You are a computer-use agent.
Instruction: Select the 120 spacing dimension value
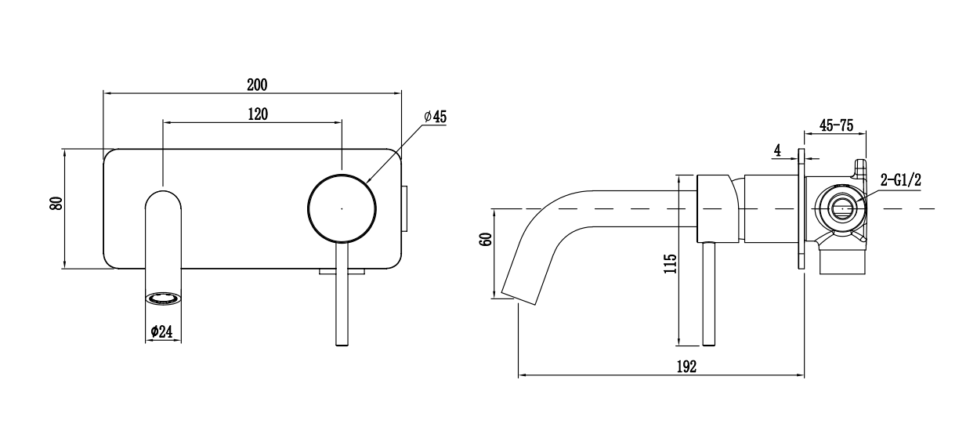(258, 114)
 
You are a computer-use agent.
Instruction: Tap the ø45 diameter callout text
(435, 117)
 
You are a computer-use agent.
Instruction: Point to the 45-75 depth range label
(836, 125)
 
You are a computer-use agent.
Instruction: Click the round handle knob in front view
(342, 208)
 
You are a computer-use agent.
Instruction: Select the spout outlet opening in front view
(164, 298)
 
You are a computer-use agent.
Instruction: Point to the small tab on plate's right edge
(406, 208)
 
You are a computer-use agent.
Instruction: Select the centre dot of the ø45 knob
(342, 209)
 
